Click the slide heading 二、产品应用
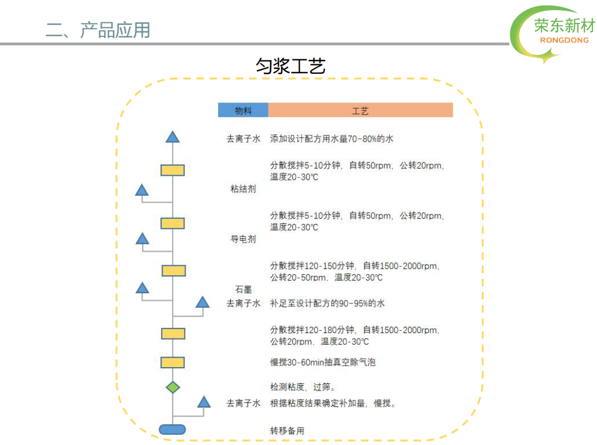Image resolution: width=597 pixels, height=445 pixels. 98,30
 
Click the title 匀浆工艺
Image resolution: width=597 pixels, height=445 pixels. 291,66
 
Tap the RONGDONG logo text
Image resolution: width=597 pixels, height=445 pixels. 564,40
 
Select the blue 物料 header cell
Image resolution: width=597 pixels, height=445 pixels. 243,110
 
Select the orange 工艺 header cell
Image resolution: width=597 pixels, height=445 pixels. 361,110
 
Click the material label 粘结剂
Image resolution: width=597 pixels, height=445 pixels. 243,189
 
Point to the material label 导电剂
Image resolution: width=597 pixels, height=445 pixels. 243,239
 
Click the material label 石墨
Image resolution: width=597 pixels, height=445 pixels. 243,289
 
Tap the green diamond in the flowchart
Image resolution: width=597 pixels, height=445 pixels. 173,387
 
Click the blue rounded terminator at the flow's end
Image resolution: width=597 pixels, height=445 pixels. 172,430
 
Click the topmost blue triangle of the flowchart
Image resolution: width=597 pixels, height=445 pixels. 173,137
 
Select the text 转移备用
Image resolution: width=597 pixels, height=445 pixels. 287,431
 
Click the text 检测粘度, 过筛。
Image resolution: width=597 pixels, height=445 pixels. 303,387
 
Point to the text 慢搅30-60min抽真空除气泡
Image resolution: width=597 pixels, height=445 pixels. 323,362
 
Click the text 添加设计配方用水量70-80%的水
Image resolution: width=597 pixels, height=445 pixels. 331,139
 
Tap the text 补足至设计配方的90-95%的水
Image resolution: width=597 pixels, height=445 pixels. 328,303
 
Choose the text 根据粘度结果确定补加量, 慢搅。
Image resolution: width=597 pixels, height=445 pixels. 333,403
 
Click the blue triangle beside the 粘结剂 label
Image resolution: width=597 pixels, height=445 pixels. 141,190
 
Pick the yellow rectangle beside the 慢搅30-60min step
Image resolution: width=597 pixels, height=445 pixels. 173,362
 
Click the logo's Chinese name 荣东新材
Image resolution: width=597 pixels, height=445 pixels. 565,26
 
